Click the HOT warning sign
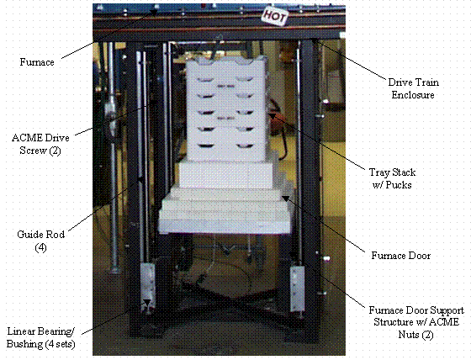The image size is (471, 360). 274,15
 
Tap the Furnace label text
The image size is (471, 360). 37,62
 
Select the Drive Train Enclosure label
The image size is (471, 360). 413,88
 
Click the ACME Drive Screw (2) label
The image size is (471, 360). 40,144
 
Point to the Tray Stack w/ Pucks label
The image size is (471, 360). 392,178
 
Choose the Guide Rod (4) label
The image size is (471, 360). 41,241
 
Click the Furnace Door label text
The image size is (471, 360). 401,256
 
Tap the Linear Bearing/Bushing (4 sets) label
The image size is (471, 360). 41,338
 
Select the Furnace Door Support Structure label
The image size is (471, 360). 416,322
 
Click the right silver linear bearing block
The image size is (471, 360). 297,289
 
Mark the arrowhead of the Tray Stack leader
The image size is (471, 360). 272,115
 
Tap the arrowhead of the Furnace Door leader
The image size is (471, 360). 285,199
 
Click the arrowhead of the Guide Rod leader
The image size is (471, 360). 140,180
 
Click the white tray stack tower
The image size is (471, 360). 226,109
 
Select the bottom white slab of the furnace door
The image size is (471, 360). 225,221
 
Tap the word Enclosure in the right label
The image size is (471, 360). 413,95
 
